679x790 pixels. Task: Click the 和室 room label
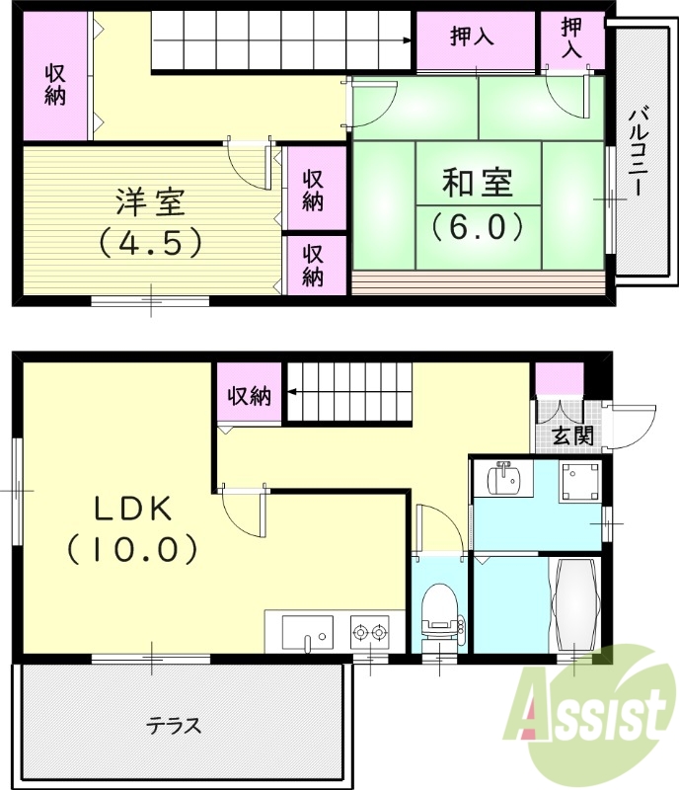point(478,184)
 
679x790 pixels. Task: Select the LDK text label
point(134,510)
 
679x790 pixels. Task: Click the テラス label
point(175,727)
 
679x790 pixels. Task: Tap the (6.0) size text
point(478,227)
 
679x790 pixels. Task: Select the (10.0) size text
point(134,549)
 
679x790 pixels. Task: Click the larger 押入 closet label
point(473,37)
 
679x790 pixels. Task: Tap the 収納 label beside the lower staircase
point(250,397)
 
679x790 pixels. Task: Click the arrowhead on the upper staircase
point(408,40)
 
